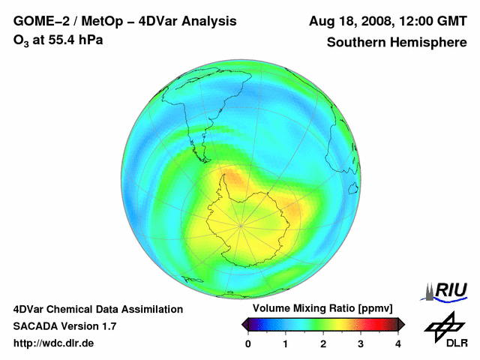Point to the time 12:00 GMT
click(429, 20)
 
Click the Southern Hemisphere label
click(397, 43)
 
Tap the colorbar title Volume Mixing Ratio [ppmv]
click(322, 308)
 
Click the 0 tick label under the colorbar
click(248, 343)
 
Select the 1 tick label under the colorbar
click(286, 343)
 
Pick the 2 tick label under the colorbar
click(323, 343)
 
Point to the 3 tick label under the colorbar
click(361, 343)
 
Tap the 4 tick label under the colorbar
click(398, 343)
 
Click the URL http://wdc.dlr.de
click(54, 343)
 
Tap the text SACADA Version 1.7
click(64, 326)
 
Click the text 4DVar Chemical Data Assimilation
click(97, 309)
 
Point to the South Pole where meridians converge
click(241, 224)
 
